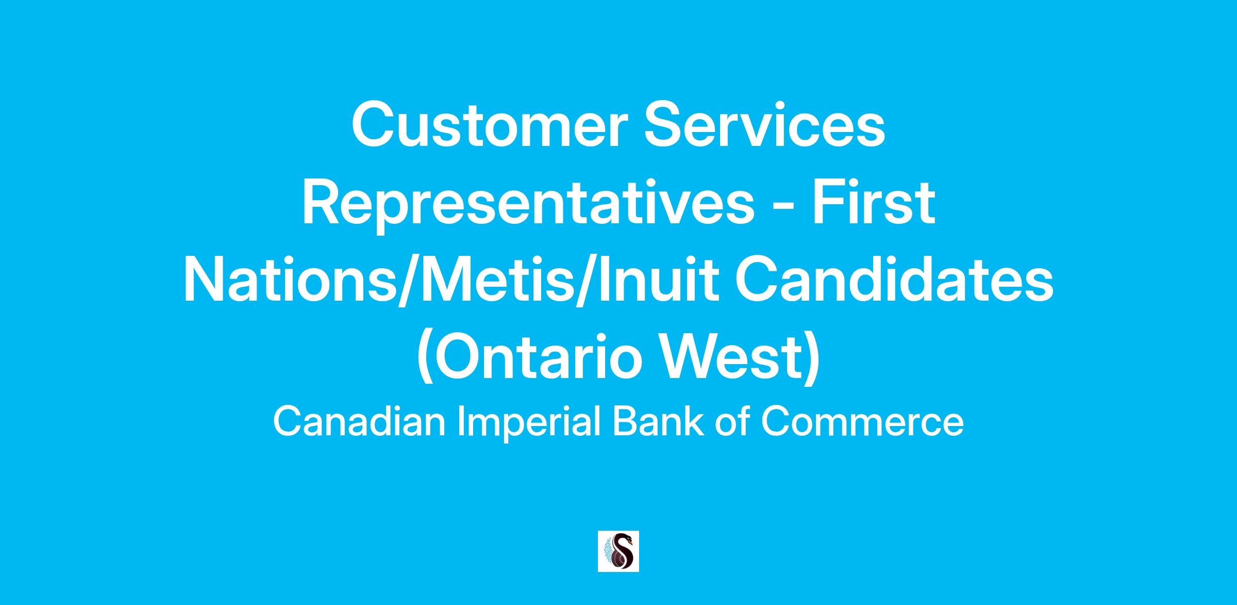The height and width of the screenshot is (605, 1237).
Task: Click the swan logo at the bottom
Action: click(x=618, y=551)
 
